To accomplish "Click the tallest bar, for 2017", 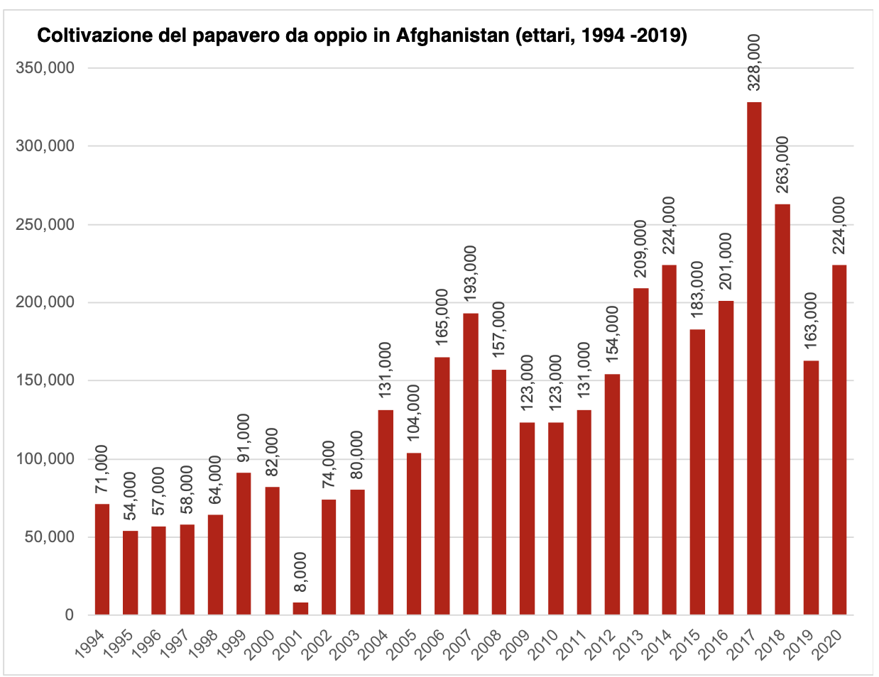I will click(754, 358).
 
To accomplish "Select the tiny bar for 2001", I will click(300, 608).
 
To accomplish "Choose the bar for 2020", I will click(839, 439).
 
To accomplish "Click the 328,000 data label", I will click(754, 62).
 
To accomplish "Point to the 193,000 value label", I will click(471, 274).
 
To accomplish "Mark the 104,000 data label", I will click(414, 413).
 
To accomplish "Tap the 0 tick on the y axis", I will click(69, 615).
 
